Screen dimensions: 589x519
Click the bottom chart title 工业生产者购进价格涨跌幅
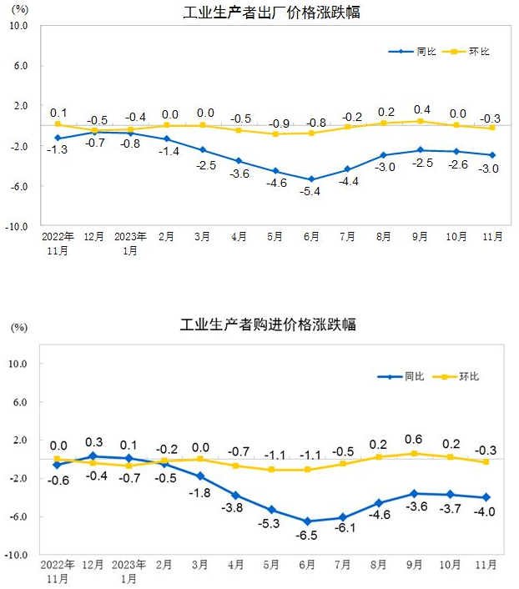[x=268, y=325]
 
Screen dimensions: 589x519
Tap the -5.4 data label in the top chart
[x=311, y=192]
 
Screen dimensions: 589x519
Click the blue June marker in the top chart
[x=311, y=179]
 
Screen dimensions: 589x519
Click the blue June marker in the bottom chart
[x=308, y=521]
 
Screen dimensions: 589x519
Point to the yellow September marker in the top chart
[x=420, y=121]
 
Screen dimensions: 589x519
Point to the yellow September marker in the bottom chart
[x=416, y=453]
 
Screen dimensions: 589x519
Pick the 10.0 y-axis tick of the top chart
[x=18, y=26]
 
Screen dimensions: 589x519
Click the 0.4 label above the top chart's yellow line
[x=422, y=109]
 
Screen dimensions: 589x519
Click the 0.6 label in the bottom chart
[x=414, y=440]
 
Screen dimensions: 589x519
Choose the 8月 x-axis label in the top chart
[x=384, y=237]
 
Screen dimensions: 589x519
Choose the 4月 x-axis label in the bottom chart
[x=236, y=565]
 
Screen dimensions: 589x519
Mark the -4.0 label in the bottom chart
[x=486, y=511]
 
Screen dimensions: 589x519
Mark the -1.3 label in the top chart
[x=58, y=149]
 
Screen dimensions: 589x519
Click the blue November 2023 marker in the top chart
[x=491, y=154]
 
